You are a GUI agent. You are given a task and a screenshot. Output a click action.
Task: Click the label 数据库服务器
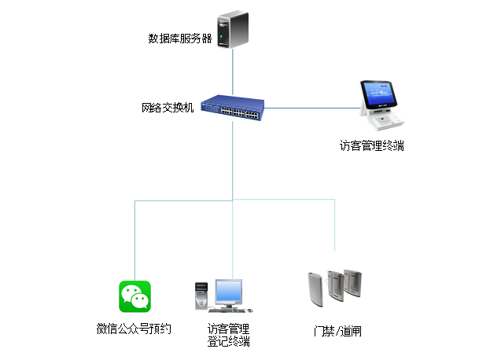180,38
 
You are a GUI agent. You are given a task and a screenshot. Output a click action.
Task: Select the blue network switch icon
233,110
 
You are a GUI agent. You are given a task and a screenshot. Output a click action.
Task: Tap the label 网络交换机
168,107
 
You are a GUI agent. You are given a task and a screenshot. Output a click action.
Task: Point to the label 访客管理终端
372,145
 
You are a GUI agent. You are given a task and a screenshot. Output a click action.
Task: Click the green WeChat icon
135,296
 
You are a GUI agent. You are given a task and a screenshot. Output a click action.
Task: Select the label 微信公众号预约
134,329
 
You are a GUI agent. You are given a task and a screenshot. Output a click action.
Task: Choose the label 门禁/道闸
337,331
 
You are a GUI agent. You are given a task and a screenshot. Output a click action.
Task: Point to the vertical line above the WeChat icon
134,236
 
